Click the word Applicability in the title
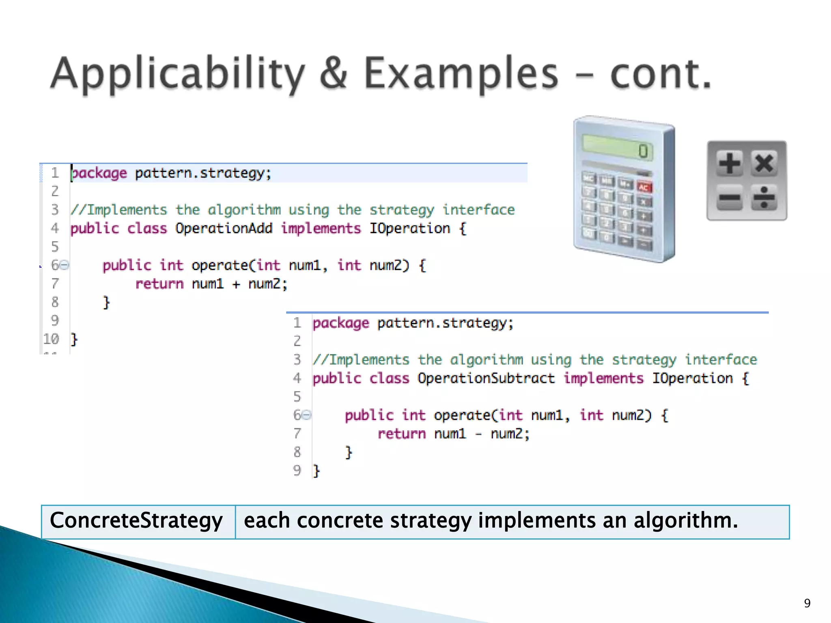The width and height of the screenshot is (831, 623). point(177,74)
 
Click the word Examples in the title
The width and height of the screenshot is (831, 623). point(461,74)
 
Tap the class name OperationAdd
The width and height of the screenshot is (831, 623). point(224,228)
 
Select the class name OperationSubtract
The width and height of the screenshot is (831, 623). point(486,378)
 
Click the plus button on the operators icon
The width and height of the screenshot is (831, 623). point(730,163)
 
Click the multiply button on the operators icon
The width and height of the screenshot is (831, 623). point(764,163)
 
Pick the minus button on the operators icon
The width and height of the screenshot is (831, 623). point(730,198)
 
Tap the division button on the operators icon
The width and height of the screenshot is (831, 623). point(764,198)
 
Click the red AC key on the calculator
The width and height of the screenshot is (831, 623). point(644,187)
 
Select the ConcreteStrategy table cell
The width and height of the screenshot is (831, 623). point(137,521)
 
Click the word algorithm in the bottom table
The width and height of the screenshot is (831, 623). point(685,520)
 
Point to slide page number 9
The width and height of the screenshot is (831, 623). point(807,603)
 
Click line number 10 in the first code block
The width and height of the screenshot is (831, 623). point(52,339)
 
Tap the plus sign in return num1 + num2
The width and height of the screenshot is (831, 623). point(236,284)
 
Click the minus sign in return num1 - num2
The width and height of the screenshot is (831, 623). point(478,434)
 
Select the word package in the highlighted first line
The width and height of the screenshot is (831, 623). point(99,174)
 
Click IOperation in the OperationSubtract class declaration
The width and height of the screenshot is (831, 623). point(692,378)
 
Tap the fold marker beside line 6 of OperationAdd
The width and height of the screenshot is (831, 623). point(65,265)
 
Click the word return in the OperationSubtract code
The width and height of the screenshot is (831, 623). point(402,434)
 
